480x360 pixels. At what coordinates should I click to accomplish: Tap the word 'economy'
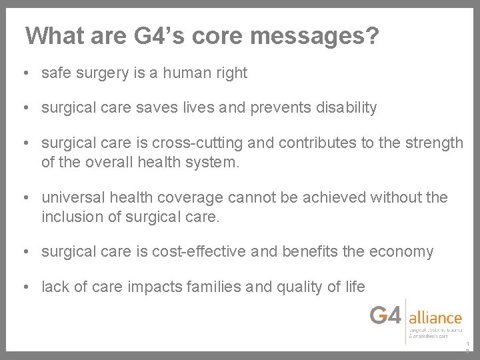click(403, 251)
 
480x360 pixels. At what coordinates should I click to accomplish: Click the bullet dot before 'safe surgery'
click(25, 73)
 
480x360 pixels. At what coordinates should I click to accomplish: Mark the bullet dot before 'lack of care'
click(25, 287)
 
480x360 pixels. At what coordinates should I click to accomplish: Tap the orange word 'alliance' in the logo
click(435, 318)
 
